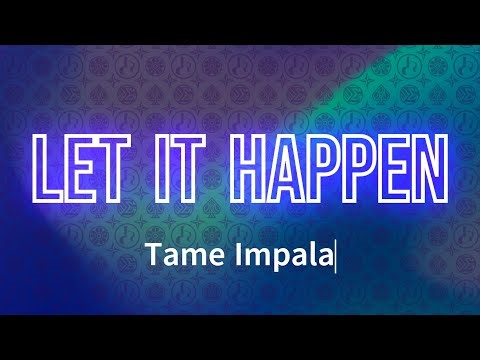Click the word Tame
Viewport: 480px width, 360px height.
[x=177, y=258]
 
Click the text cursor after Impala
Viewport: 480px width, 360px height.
[x=336, y=258]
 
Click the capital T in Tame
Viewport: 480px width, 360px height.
[x=152, y=257]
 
